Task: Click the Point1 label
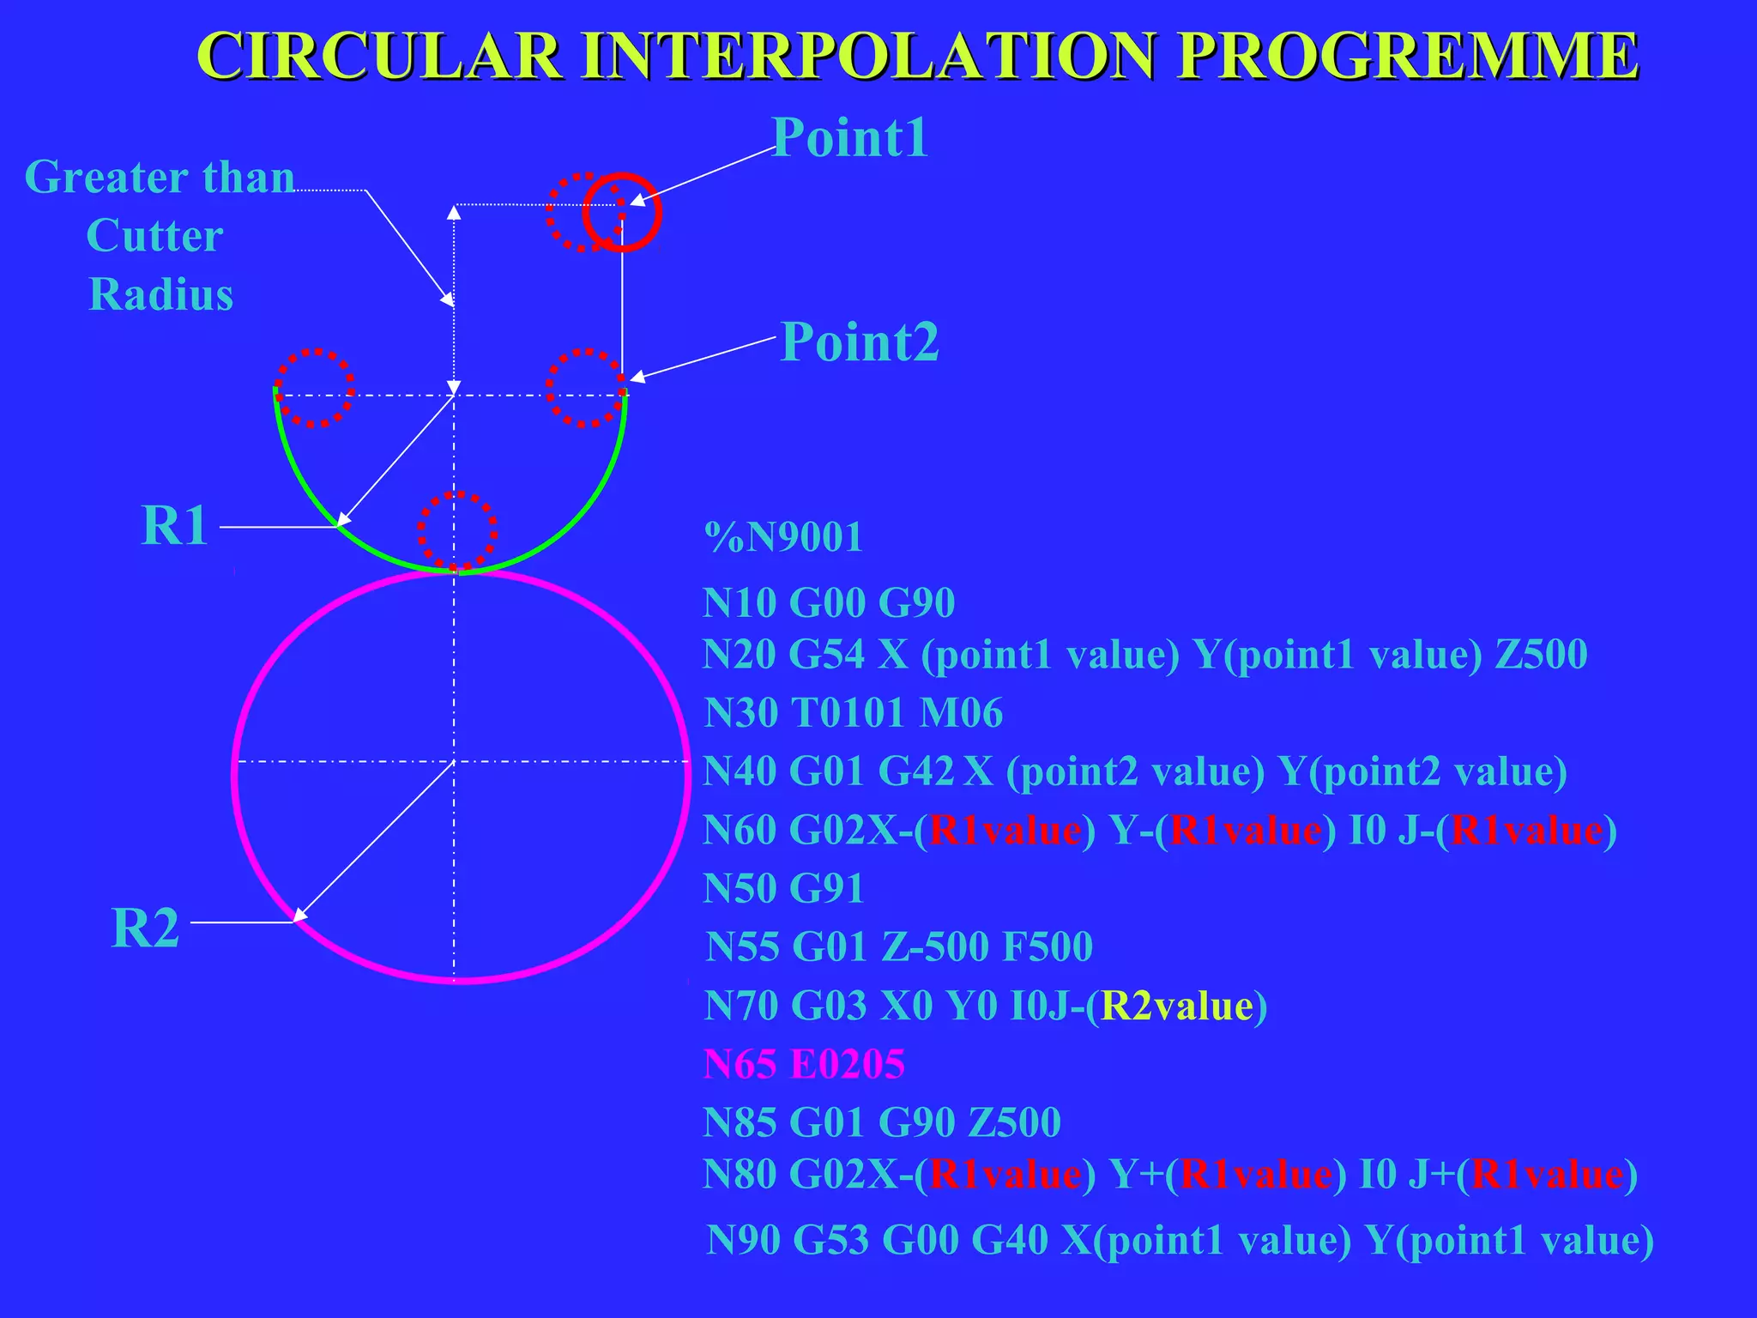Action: pos(849,137)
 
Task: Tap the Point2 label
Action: pos(860,342)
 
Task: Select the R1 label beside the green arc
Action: pos(174,525)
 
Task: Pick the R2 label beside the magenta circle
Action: pos(145,928)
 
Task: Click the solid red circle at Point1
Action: pos(623,212)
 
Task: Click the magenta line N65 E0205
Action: pos(804,1065)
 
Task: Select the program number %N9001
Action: pos(782,538)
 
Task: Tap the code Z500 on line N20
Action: pos(1541,655)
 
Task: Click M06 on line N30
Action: pos(961,713)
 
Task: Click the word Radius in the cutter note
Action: pos(160,294)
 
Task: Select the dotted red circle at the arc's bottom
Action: pos(457,531)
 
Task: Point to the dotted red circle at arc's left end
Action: pos(314,388)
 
